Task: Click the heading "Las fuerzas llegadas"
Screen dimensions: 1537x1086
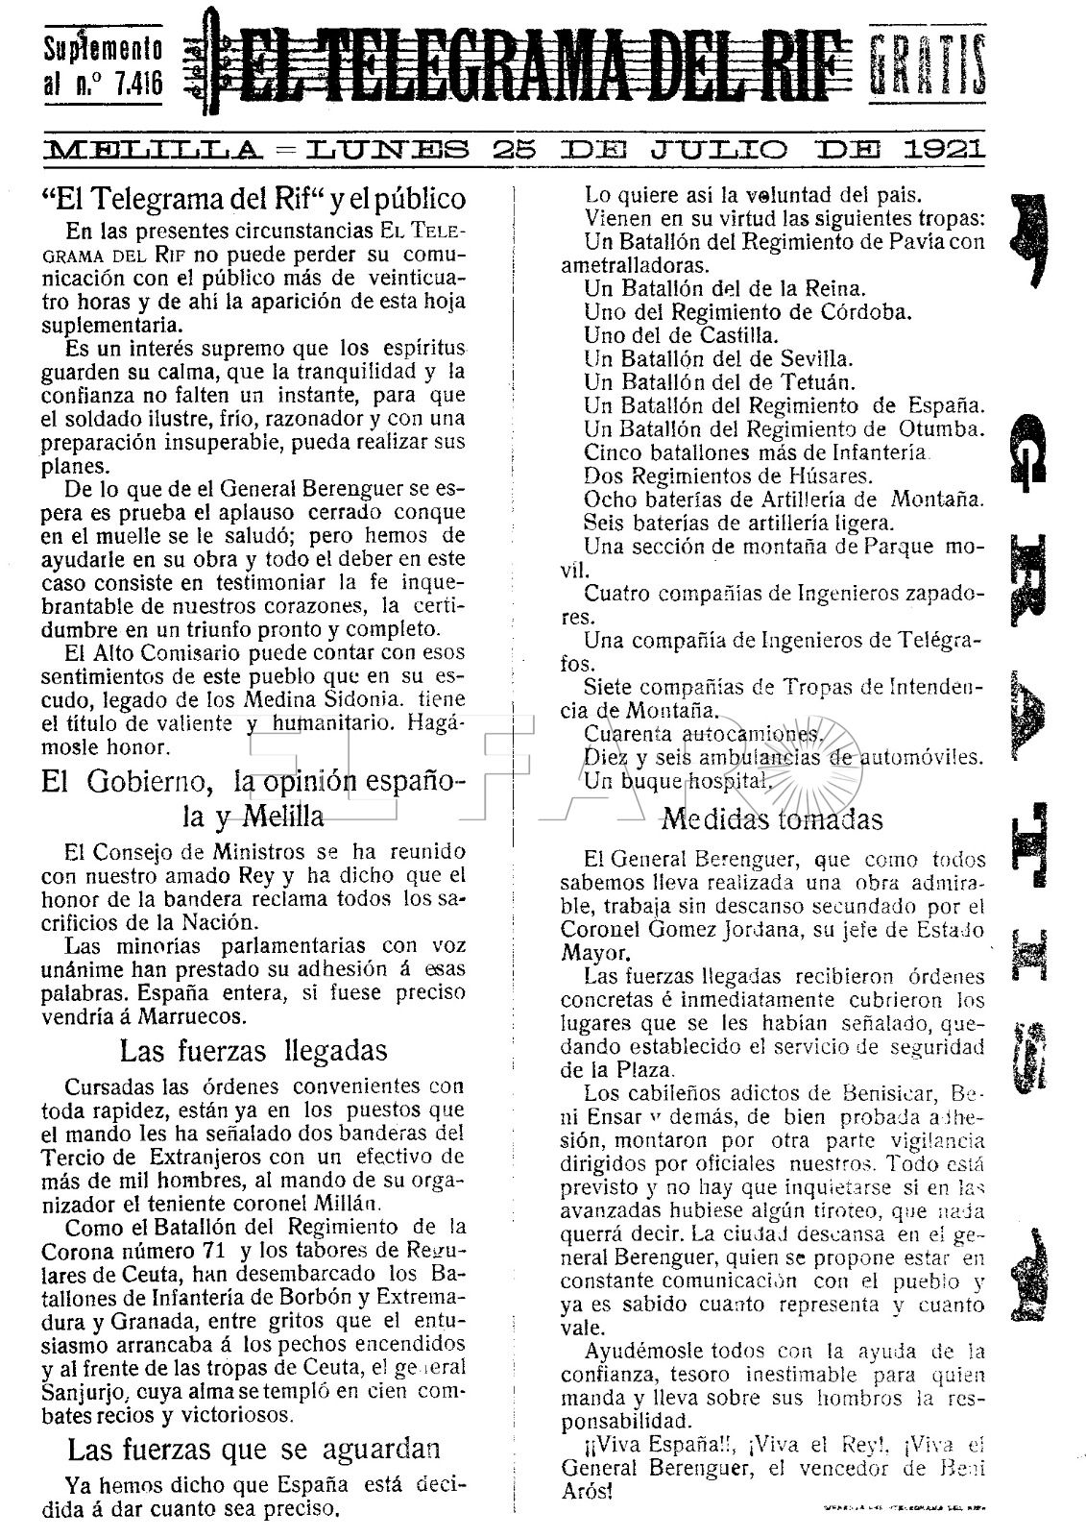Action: (x=253, y=1051)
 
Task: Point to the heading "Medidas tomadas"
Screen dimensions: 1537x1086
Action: (x=772, y=819)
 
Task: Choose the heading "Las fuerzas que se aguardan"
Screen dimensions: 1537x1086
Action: (x=253, y=1448)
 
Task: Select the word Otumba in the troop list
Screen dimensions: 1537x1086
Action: (x=941, y=427)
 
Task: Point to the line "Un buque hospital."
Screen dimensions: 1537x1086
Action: (x=678, y=780)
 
